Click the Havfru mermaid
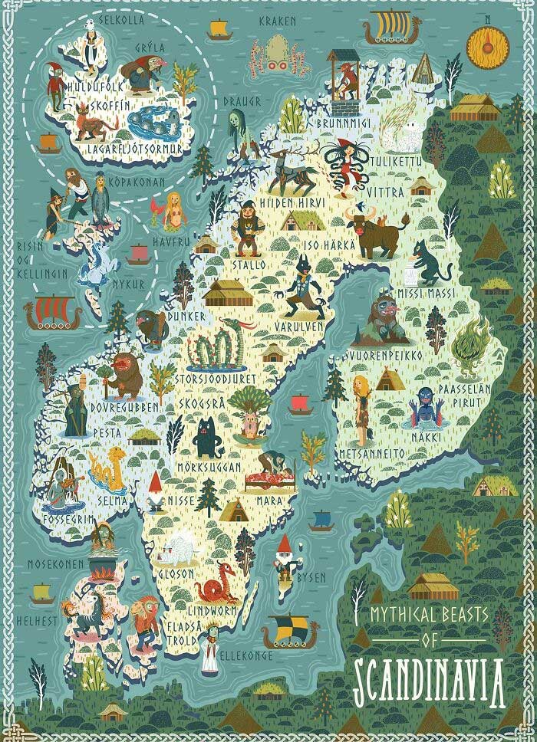point(176,212)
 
